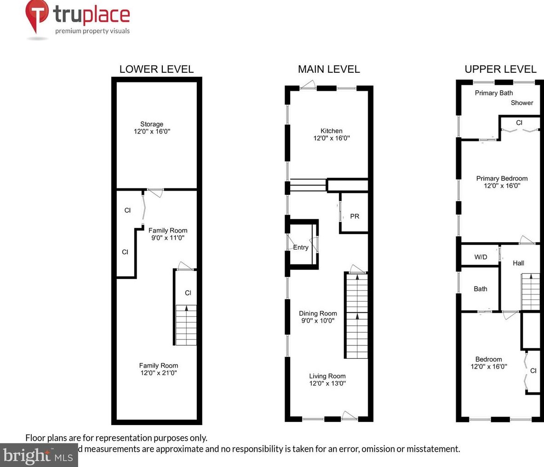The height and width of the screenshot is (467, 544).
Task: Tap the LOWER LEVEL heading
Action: tap(156, 69)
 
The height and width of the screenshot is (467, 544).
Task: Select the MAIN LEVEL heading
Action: tap(329, 69)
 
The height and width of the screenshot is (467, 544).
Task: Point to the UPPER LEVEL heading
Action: tap(500, 69)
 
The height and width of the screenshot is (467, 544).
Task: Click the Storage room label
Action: tap(152, 124)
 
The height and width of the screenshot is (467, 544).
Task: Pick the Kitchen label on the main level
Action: tap(332, 131)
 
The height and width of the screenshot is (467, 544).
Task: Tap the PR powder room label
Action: tap(355, 216)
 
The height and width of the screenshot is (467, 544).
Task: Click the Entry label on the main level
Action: tap(301, 247)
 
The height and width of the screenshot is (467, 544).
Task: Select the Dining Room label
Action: tap(318, 313)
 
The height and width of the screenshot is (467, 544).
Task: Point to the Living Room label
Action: tap(327, 376)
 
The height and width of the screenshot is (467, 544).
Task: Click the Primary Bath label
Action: tap(493, 93)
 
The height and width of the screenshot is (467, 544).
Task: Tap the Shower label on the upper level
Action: tap(522, 103)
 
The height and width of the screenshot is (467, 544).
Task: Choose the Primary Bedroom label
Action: tap(502, 178)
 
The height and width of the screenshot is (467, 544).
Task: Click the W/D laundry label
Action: tap(481, 257)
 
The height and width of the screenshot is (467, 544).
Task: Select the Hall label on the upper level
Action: tap(518, 263)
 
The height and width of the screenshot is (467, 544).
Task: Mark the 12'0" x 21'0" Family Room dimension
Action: tap(158, 373)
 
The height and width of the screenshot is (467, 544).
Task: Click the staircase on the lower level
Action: tap(186, 325)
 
